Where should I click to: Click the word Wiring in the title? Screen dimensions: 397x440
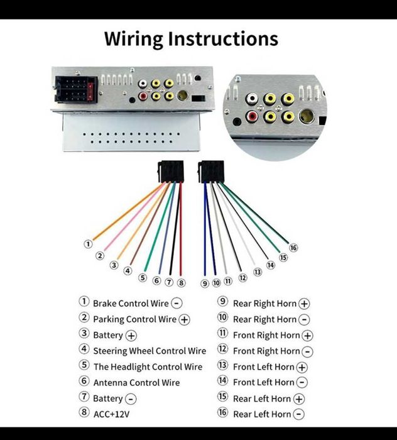coord(133,39)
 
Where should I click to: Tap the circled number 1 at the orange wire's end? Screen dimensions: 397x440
coord(88,244)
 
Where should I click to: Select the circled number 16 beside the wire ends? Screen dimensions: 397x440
coord(293,248)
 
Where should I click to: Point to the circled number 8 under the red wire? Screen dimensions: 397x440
coord(182,283)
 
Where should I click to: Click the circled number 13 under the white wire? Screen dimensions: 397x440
coord(258,272)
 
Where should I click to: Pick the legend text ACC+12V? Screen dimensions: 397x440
coord(112,414)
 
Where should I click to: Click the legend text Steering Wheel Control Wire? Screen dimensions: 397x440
coord(150,351)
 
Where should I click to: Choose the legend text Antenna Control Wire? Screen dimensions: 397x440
coord(136,382)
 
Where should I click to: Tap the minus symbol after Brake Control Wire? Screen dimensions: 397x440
coord(177,304)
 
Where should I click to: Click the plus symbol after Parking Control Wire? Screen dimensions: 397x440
coord(185,319)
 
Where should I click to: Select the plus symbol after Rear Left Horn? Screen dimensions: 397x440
coord(299,399)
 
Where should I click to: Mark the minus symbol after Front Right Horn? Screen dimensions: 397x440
coord(307,351)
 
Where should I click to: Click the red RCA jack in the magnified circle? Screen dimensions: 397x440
coord(252,116)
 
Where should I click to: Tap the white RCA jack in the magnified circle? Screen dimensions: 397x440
coord(252,99)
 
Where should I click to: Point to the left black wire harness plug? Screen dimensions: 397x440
coord(170,171)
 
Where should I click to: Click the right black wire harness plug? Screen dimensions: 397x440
coord(211,172)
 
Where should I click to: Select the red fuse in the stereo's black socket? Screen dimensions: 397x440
coord(90,92)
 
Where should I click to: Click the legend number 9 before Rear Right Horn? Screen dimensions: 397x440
coord(222,301)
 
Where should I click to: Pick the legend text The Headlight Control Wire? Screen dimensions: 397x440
coord(148,366)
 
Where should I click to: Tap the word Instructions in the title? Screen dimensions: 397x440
coord(223,39)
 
